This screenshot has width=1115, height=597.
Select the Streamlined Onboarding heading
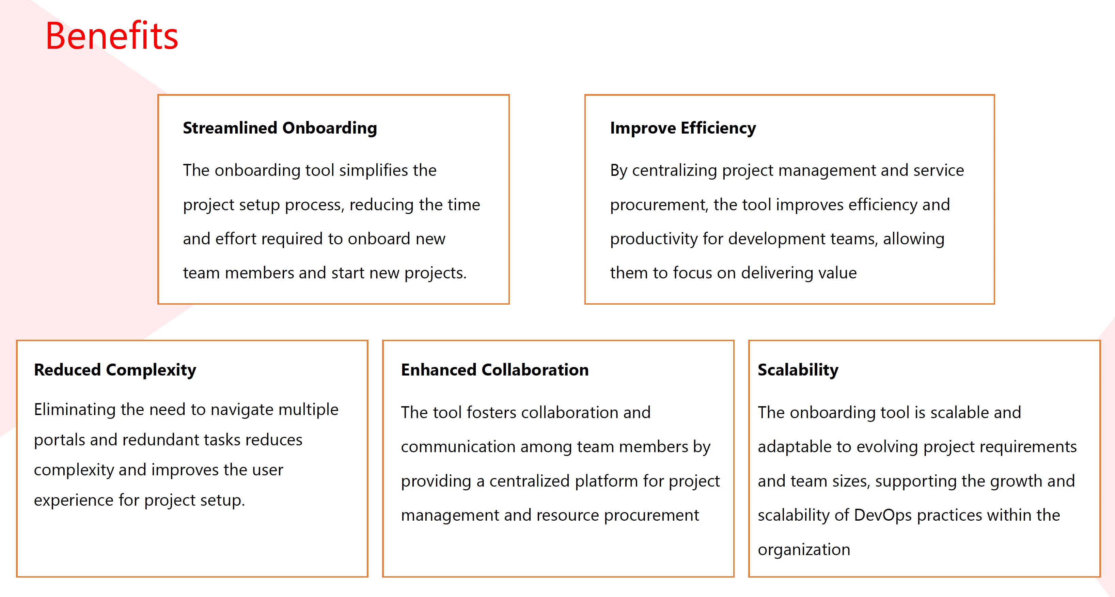[x=280, y=128]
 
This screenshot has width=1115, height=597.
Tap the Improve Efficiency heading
[x=683, y=128]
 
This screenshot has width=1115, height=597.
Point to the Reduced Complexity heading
[x=115, y=370]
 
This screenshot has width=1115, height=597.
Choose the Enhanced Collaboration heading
[x=495, y=370]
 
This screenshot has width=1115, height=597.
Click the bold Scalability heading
[x=798, y=370]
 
